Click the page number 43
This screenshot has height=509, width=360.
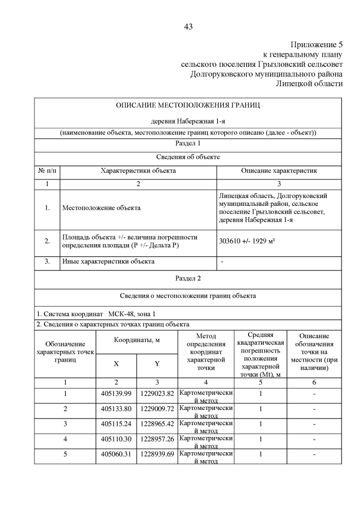point(188,26)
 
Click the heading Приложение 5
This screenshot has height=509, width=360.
point(316,44)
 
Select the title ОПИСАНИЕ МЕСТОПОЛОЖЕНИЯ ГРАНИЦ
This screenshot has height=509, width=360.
point(188,105)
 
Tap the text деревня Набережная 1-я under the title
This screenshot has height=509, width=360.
point(188,121)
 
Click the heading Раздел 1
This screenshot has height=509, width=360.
point(188,144)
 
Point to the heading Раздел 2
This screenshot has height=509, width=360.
point(188,278)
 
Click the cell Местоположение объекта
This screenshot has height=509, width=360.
point(101,208)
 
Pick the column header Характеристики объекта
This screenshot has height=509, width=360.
point(138,170)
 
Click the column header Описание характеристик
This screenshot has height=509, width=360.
point(279,170)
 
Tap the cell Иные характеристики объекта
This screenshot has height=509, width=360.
point(108,262)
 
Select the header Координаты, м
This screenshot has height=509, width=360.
point(137,340)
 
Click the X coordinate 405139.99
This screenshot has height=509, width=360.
point(116,393)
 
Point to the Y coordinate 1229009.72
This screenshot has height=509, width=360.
point(157,408)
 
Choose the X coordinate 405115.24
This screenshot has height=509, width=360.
point(116,424)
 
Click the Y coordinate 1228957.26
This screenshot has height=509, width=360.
point(157,439)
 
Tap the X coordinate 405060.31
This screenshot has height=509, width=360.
point(116,454)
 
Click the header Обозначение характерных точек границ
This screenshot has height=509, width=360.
point(66,351)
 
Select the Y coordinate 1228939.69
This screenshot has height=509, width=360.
point(157,454)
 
